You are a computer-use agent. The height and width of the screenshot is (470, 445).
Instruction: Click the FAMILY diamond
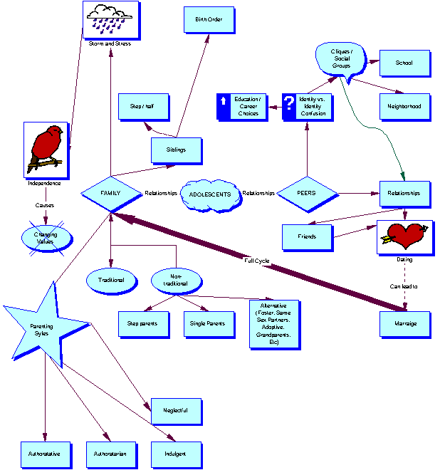(x=110, y=194)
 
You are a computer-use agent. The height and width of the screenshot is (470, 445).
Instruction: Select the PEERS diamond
(x=307, y=193)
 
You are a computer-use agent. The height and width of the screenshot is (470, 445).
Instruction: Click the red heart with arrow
(x=404, y=236)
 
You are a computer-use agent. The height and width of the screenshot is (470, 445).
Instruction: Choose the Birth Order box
(x=209, y=20)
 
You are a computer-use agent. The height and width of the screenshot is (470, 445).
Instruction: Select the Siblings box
(x=177, y=150)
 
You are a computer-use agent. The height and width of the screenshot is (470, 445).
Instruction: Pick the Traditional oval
(x=110, y=280)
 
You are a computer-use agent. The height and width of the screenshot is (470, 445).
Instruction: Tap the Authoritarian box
(x=110, y=454)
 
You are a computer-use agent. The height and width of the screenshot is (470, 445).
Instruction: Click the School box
(x=404, y=63)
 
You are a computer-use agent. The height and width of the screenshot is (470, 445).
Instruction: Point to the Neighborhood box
(x=404, y=106)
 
